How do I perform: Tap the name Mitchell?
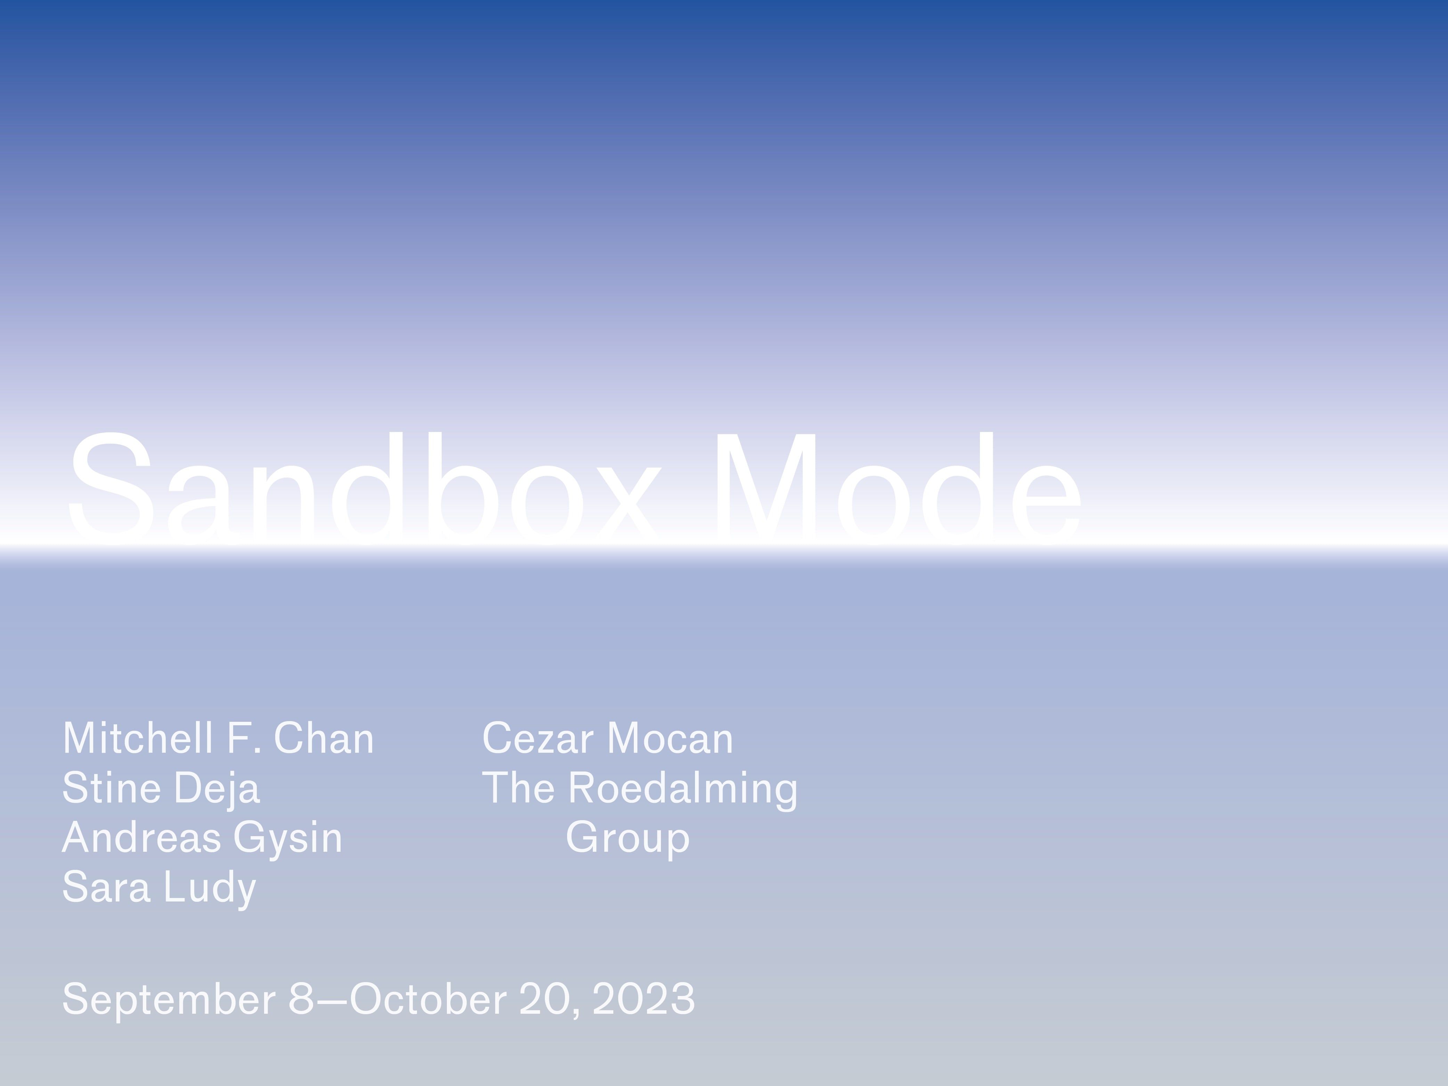[x=138, y=738]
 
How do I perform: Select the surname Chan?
[x=324, y=738]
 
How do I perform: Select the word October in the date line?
[x=429, y=999]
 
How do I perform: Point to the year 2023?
[x=644, y=999]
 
